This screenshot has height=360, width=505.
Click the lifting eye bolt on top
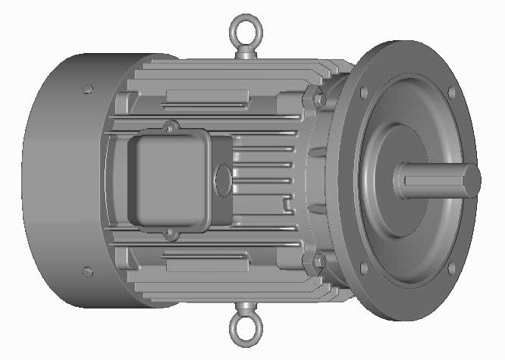(244, 30)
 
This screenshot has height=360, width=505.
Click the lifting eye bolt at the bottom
(244, 330)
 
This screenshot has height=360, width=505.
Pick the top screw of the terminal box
(171, 124)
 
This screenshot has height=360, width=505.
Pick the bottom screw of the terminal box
(171, 235)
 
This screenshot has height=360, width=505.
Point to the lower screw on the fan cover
(86, 271)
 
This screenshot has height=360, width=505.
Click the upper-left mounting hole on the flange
(365, 92)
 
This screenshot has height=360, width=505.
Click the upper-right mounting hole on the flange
(452, 92)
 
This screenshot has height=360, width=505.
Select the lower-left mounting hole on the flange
(365, 268)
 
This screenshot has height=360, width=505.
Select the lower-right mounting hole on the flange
(453, 268)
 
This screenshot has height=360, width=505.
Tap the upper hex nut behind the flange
(318, 99)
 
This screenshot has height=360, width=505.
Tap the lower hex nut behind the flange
(318, 262)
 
